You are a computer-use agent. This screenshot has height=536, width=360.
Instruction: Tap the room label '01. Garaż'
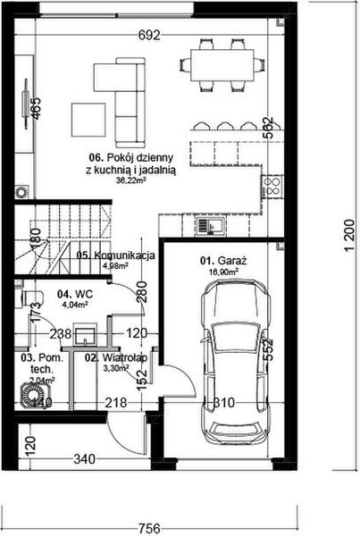click(x=219, y=262)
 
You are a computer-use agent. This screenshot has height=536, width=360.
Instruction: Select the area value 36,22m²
click(x=133, y=179)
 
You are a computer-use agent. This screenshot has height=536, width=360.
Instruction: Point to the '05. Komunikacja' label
click(x=116, y=255)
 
